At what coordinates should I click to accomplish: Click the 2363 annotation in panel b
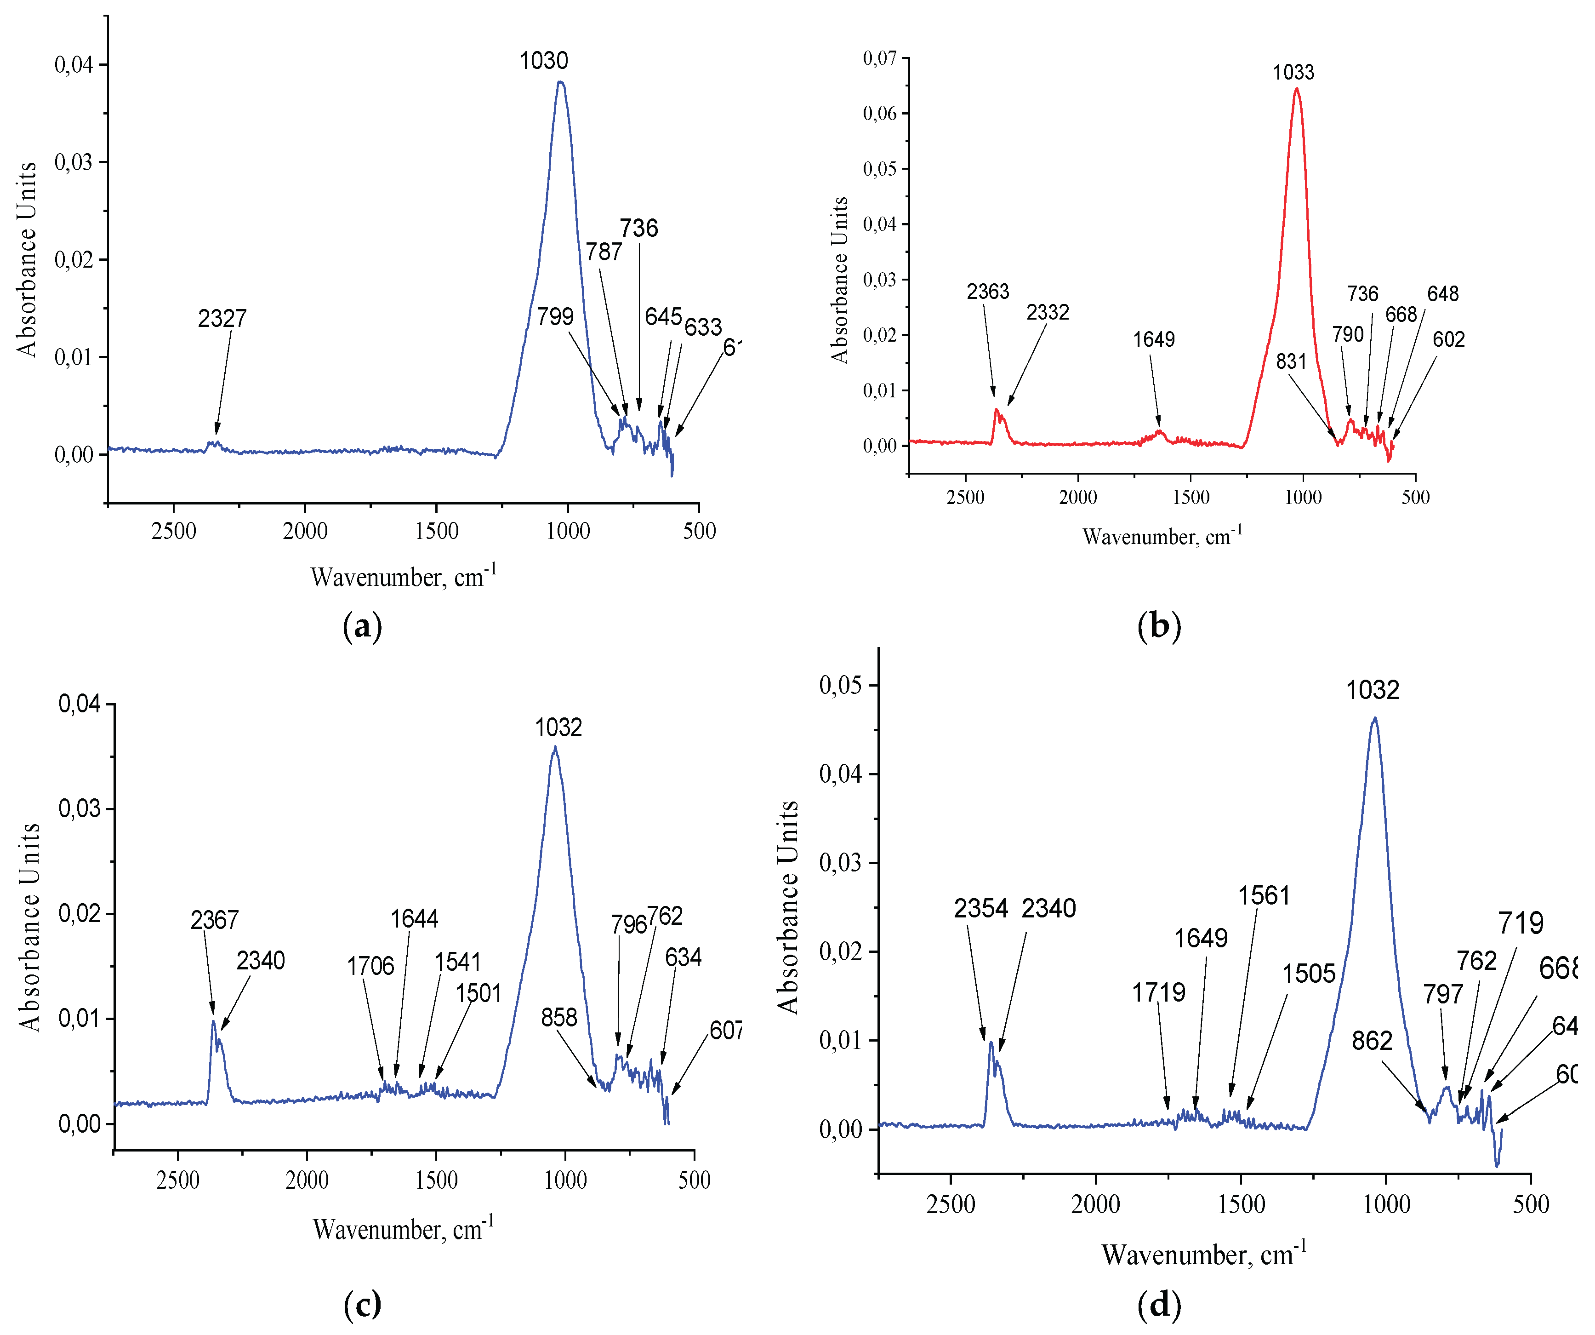[987, 292]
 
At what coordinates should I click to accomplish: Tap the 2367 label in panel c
[214, 921]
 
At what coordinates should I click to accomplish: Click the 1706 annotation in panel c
[370, 967]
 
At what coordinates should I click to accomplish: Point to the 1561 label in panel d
[1264, 896]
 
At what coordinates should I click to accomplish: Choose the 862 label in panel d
[1371, 1041]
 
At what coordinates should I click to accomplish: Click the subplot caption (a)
[362, 628]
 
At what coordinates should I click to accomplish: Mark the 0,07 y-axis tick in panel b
[879, 58]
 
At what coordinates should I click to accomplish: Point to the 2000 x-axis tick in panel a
[305, 531]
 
